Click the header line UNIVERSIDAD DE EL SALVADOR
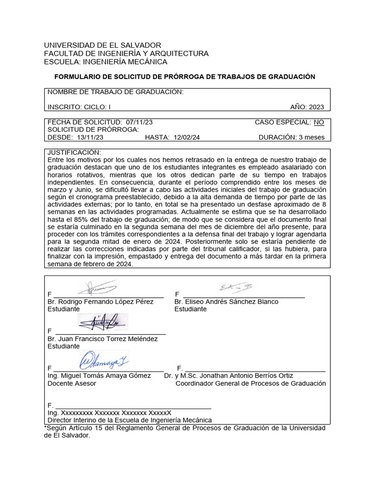point(103,45)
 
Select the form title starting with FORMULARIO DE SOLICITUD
point(185,77)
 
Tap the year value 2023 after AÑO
point(316,107)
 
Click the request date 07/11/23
point(139,123)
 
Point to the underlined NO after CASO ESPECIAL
point(319,123)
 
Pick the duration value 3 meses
point(311,137)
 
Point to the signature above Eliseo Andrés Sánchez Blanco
point(236,288)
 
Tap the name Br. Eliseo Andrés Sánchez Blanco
point(226,302)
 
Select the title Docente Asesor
point(72,384)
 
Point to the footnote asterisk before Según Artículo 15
point(45,427)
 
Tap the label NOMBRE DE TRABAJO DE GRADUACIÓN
point(116,92)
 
